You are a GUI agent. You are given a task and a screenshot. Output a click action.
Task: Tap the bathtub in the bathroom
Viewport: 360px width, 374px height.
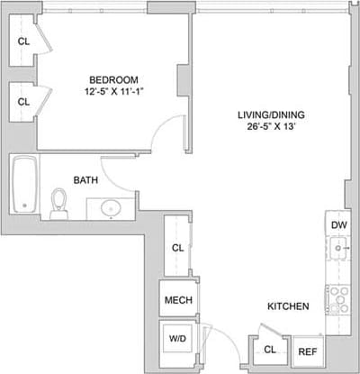23,185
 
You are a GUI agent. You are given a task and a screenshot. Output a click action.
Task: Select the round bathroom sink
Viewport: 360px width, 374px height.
110,207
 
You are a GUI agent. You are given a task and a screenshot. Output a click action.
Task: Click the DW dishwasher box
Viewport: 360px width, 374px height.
337,224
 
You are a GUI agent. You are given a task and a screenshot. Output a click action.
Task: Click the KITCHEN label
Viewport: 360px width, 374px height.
288,307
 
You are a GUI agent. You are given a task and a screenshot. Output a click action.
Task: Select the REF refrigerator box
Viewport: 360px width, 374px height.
307,352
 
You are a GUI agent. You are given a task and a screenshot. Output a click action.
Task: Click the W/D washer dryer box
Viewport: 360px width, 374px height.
176,340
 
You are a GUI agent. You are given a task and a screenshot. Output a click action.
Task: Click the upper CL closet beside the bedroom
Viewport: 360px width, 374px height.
23,41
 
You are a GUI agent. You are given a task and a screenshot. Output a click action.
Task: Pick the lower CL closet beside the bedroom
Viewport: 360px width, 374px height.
23,101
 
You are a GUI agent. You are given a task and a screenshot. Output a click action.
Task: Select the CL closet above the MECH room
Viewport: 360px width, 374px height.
177,248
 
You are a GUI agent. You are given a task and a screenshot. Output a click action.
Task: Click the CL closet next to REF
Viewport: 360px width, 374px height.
270,351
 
